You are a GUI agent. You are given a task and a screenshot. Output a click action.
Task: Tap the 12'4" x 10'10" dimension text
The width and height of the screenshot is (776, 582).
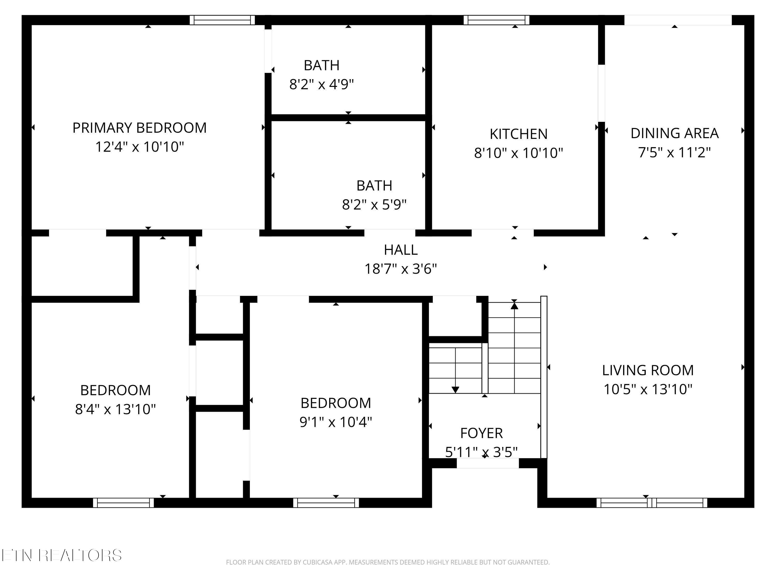pos(140,147)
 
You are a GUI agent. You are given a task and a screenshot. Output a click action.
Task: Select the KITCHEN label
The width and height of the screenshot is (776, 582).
pos(519,134)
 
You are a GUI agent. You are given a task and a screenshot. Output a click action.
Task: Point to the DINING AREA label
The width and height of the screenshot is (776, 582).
pos(675,133)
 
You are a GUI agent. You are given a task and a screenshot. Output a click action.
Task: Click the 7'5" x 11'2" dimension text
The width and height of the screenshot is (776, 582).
pos(675,153)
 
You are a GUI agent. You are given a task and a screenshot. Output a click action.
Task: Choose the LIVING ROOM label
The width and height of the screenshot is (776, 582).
pos(648,370)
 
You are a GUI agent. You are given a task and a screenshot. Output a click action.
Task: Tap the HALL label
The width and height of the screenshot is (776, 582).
pos(401,250)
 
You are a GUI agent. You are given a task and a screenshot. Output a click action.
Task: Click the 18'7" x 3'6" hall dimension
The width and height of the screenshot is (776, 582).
pos(401,269)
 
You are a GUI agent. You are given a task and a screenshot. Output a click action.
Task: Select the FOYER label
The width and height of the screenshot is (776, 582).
pos(481,433)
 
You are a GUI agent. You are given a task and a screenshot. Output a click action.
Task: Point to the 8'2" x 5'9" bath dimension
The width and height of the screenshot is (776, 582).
pos(374,205)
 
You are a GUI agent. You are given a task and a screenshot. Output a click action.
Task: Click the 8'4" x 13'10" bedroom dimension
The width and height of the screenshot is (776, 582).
pos(115,409)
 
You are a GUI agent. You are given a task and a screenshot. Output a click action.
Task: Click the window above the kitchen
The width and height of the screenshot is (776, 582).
pos(496,20)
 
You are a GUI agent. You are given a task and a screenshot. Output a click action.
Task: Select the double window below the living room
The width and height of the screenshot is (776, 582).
pos(652,503)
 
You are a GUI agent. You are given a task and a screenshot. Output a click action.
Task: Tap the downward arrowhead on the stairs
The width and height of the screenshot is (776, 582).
pos(455,390)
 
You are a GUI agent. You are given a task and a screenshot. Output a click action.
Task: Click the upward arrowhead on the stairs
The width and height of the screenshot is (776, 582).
pos(514,305)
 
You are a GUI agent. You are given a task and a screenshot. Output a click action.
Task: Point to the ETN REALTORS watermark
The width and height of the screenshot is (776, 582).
pos(62,555)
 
